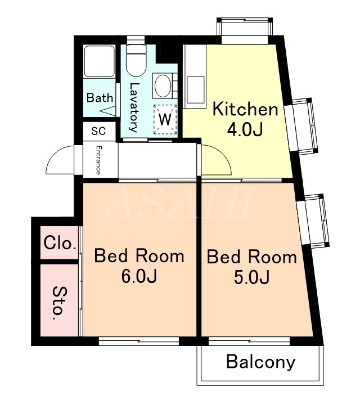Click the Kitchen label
(x=245, y=109)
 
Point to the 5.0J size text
(x=252, y=277)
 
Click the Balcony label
(x=260, y=362)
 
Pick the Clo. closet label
(x=60, y=243)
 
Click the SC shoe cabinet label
(x=98, y=131)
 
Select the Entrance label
(x=98, y=160)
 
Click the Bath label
(x=100, y=98)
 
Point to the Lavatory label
(x=134, y=107)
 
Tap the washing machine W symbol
(x=165, y=119)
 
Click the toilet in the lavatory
(x=136, y=61)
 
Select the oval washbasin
(x=163, y=86)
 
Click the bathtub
(x=100, y=61)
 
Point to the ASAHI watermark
(x=179, y=202)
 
